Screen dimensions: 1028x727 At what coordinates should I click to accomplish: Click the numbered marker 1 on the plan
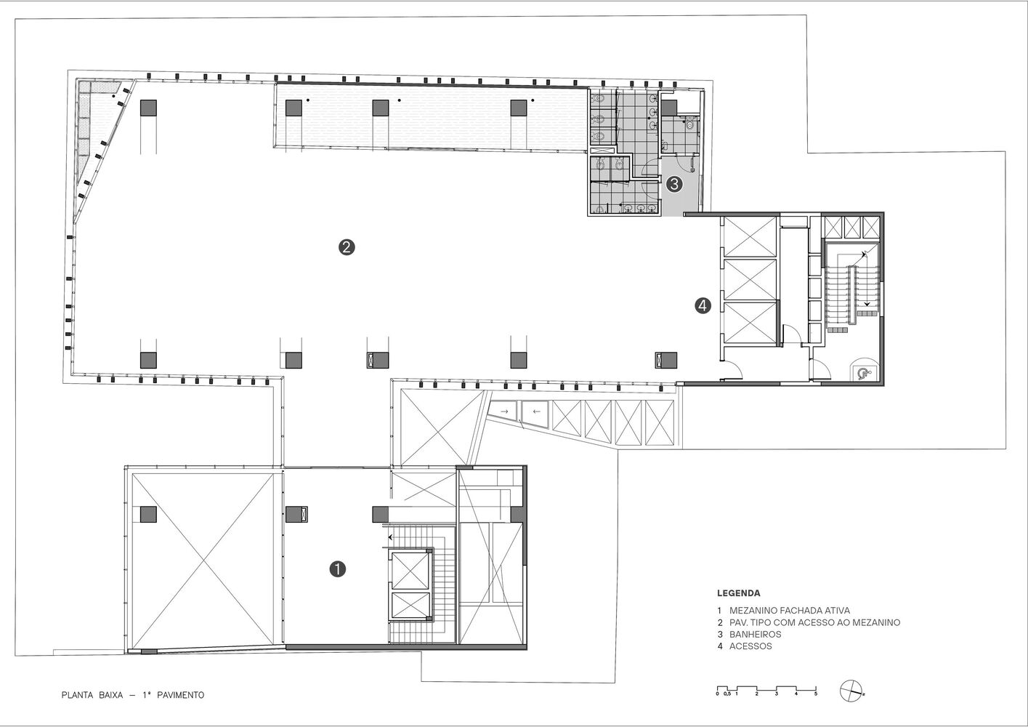[338, 569]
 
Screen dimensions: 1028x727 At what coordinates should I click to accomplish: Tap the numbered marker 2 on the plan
[347, 247]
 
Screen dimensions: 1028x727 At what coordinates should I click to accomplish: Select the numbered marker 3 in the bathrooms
[674, 184]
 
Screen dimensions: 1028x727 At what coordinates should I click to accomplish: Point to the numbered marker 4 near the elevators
[703, 305]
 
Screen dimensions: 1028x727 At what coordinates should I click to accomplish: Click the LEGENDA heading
[738, 593]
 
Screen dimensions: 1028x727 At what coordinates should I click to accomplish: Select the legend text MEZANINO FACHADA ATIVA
[790, 611]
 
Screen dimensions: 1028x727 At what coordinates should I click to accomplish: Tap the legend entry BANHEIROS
[755, 635]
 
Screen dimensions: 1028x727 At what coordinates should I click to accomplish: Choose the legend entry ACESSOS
[750, 646]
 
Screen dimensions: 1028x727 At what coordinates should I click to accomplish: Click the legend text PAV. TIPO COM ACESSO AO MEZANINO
[814, 623]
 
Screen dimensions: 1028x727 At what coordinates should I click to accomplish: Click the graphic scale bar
[767, 690]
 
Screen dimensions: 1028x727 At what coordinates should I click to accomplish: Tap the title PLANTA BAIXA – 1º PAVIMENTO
[133, 695]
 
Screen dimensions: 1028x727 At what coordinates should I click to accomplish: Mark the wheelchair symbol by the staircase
[863, 374]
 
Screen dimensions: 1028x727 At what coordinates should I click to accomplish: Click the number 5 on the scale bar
[816, 694]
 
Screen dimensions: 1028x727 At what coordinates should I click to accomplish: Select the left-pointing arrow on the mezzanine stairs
[392, 537]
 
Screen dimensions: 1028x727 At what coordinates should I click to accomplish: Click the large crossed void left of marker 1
[203, 561]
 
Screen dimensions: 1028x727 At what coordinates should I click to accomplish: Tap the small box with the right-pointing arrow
[504, 411]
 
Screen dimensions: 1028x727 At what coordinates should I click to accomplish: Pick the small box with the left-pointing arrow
[536, 412]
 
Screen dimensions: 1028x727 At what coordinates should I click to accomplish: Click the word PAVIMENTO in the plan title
[180, 695]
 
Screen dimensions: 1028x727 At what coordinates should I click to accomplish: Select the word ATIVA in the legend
[837, 611]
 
